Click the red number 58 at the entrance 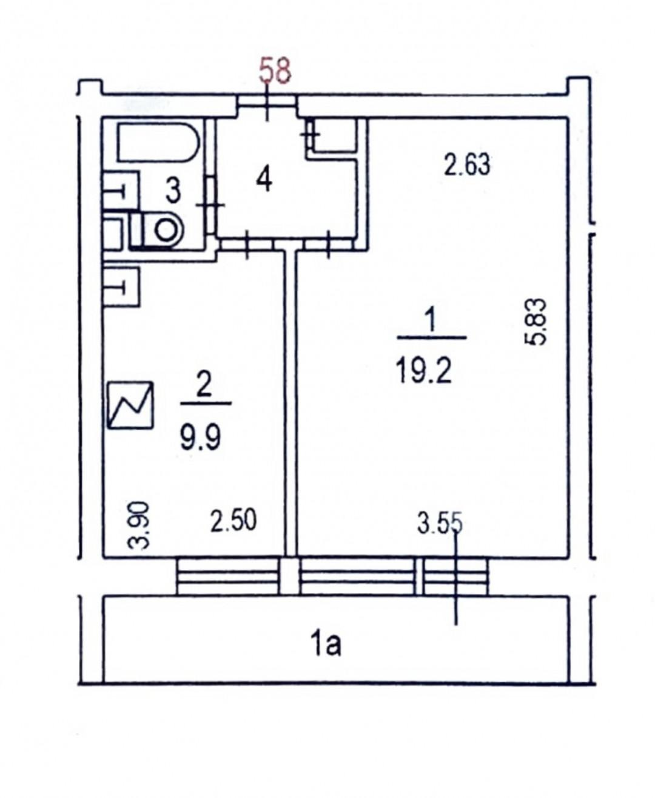tap(275, 71)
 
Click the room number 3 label tap(173, 191)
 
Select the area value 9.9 tap(200, 437)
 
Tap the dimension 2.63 tap(466, 164)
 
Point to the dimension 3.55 tap(440, 524)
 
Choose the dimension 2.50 tap(233, 520)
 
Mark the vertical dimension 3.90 tap(138, 526)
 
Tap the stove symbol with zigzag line tap(130, 405)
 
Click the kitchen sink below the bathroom tap(121, 286)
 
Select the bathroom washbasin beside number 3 tap(120, 190)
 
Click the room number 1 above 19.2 tap(431, 320)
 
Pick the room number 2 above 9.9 tap(204, 387)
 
